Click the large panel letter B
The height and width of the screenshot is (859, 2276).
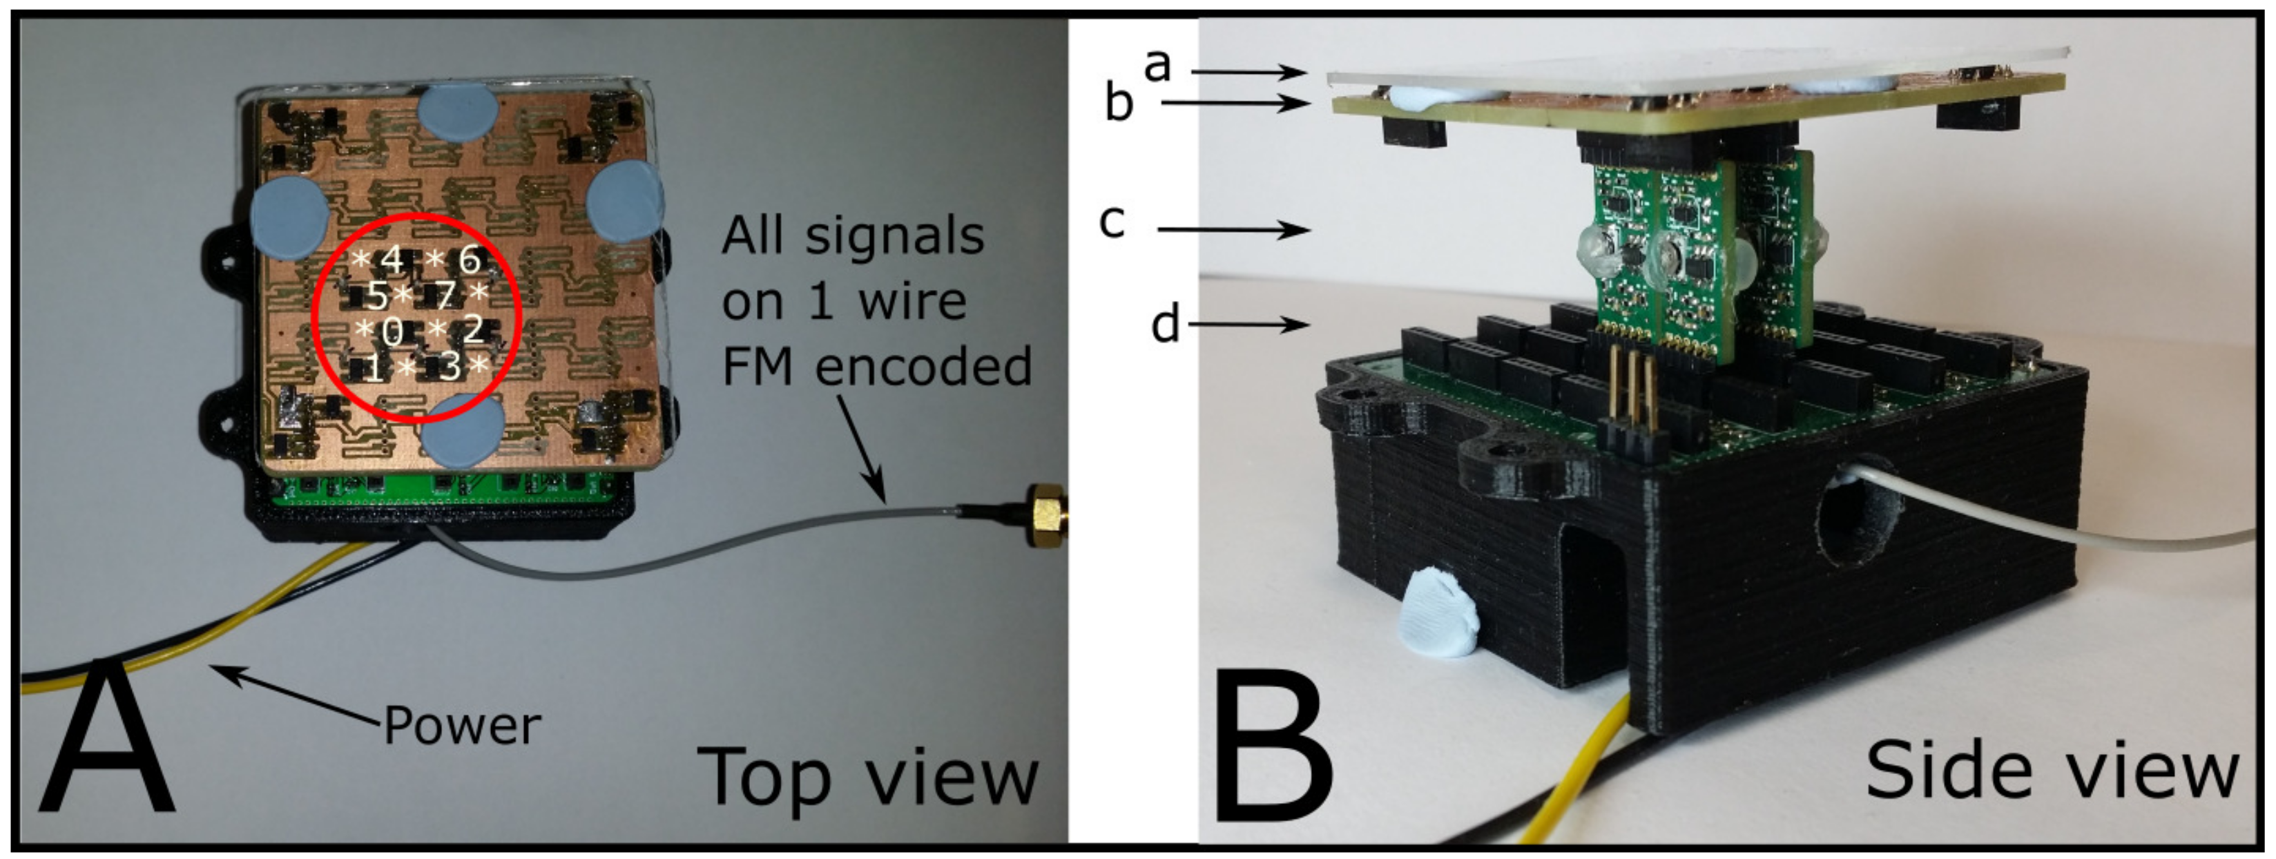coord(1272,746)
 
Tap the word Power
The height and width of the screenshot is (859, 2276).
coord(461,726)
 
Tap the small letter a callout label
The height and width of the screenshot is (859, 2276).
coord(1157,64)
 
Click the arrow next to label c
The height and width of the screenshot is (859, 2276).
coord(1233,230)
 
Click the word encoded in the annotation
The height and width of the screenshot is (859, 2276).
coord(923,366)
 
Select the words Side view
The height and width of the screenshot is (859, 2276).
coord(2052,771)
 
